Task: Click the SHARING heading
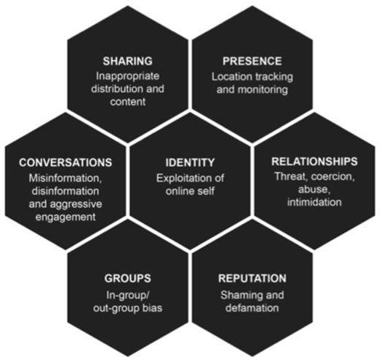tap(128, 61)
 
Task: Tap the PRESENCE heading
tap(252, 61)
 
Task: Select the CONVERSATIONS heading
tap(66, 162)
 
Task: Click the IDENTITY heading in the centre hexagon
tap(190, 162)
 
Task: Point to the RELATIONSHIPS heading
tap(314, 162)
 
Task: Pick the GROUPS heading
tap(128, 278)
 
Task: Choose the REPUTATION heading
tap(252, 278)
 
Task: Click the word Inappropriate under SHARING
tap(128, 77)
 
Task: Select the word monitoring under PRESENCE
tap(262, 90)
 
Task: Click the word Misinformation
tap(65, 179)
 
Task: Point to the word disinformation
tap(65, 191)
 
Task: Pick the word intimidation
tap(314, 202)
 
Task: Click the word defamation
tap(252, 308)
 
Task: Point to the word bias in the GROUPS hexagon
tap(153, 308)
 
